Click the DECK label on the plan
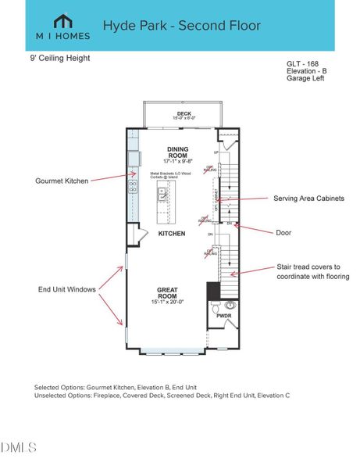(184, 114)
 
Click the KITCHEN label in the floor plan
(171, 234)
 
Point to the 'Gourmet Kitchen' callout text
(62, 181)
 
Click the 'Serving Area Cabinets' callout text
(308, 199)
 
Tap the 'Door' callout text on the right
(284, 232)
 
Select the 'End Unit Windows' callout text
(68, 289)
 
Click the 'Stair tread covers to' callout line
(309, 266)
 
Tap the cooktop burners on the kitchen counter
(133, 188)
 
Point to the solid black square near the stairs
(213, 290)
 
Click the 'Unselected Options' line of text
(162, 396)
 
